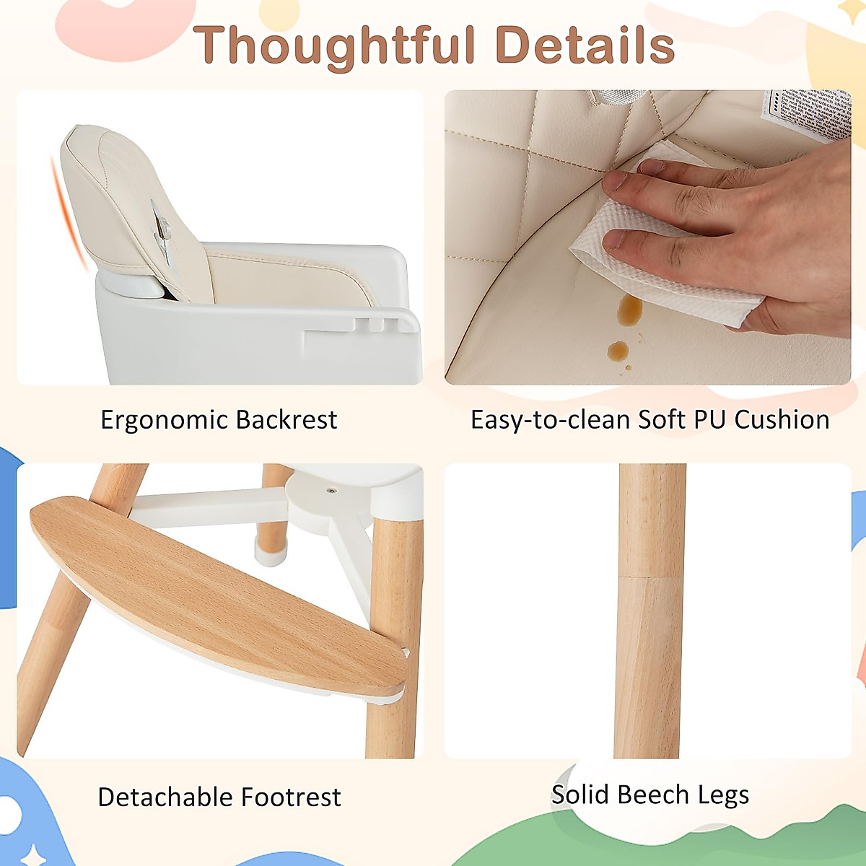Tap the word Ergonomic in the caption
[x=164, y=420]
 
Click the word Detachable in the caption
[x=165, y=797]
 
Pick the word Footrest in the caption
[x=291, y=797]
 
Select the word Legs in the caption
[x=723, y=795]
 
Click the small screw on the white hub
[x=331, y=491]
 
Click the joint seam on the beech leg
[x=652, y=577]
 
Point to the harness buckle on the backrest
[x=162, y=231]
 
